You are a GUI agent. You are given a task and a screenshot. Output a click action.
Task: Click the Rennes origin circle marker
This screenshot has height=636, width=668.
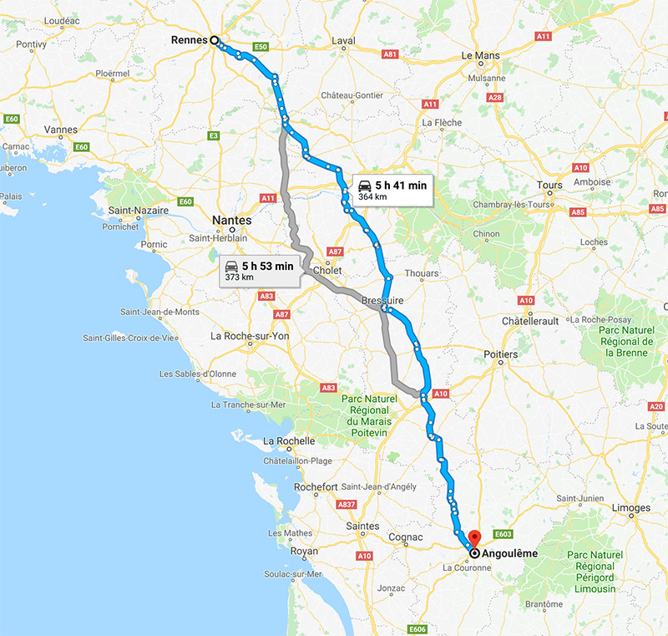pos(214,39)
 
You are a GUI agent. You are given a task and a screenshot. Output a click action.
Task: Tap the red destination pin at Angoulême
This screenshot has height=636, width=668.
pos(474,539)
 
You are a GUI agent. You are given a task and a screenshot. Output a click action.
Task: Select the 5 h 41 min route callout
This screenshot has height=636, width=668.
pos(392,190)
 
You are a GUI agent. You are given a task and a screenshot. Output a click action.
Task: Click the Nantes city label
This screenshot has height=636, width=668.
pos(232,220)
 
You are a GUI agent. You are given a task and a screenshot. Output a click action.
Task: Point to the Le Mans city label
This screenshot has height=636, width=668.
pos(479,56)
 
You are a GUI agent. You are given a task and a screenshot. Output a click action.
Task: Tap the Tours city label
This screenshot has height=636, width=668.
pos(550,185)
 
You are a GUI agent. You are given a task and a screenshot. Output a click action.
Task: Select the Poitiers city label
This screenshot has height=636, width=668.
pos(500,354)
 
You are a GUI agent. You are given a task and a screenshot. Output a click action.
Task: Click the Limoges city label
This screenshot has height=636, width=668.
pos(631,508)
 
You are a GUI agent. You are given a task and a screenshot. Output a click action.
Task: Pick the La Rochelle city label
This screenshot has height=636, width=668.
pos(289,441)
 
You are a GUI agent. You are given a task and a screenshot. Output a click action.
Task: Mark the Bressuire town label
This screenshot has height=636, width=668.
pos(383,299)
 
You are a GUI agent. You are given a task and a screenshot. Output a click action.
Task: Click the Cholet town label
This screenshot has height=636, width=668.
pos(327,272)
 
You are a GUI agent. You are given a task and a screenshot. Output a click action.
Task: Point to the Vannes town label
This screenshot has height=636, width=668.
pos(60,130)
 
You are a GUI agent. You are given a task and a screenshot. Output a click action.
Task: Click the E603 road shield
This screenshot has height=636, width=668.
pos(503,532)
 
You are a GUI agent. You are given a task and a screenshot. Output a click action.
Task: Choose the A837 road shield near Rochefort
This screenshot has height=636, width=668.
pos(346,505)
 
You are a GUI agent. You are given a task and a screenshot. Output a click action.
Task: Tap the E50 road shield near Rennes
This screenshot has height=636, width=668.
pos(261,47)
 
